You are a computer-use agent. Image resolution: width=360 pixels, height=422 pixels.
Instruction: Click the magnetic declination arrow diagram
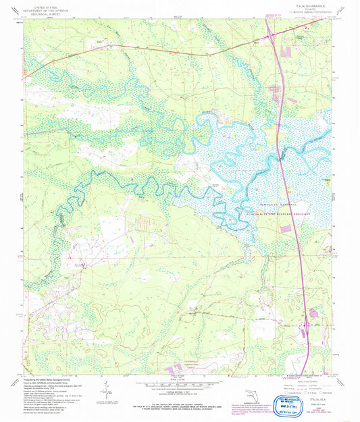click(x=105, y=388)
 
